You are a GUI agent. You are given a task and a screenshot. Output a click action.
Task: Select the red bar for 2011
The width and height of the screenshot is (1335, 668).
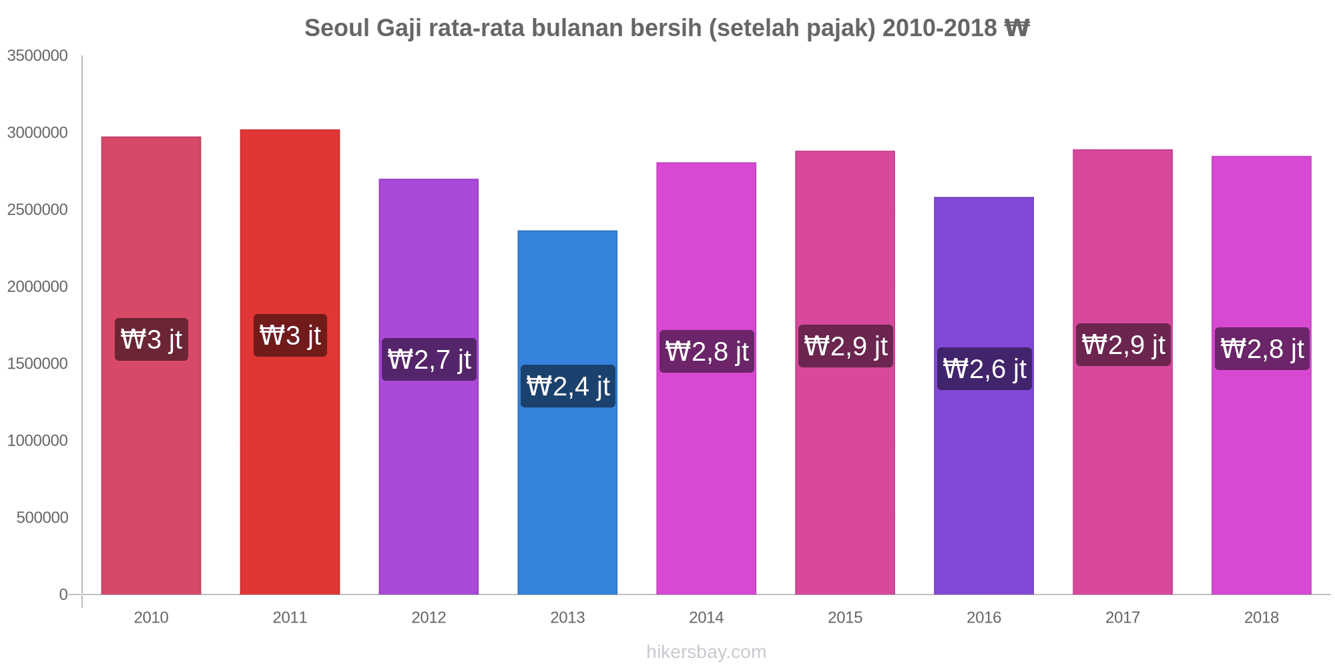pos(290,468)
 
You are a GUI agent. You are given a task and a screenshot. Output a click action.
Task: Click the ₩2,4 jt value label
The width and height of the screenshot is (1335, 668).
pos(568,386)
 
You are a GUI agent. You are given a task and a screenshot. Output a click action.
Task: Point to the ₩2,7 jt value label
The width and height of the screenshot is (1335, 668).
pos(429,359)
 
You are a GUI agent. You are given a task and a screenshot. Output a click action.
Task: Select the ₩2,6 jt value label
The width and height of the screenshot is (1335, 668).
pos(985,369)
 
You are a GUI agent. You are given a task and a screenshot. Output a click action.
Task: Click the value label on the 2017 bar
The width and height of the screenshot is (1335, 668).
pos(1123,345)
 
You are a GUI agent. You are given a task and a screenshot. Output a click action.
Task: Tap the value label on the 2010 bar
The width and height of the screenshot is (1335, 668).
pos(152,339)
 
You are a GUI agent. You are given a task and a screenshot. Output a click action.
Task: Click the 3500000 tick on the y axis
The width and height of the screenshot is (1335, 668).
pos(37,55)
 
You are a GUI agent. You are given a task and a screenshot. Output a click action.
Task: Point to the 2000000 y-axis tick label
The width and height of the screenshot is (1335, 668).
pos(37,287)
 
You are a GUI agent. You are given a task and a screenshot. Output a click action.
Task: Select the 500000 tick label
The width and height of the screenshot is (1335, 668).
pos(43,518)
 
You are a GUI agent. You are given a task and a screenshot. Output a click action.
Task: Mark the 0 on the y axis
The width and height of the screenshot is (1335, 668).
pos(63,595)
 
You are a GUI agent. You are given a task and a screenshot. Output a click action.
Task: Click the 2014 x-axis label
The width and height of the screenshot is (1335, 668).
pos(706,617)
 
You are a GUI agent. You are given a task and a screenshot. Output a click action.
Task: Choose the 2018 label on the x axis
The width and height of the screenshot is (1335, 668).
pos(1262,617)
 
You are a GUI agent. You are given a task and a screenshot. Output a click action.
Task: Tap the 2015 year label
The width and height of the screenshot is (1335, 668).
pos(845,617)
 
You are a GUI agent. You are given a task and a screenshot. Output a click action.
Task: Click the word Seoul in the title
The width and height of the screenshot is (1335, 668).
pos(337,28)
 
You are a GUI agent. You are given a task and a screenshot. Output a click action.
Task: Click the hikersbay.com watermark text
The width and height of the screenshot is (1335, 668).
pos(706,652)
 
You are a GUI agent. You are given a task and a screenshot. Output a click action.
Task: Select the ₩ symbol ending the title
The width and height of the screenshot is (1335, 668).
pos(1017,28)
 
